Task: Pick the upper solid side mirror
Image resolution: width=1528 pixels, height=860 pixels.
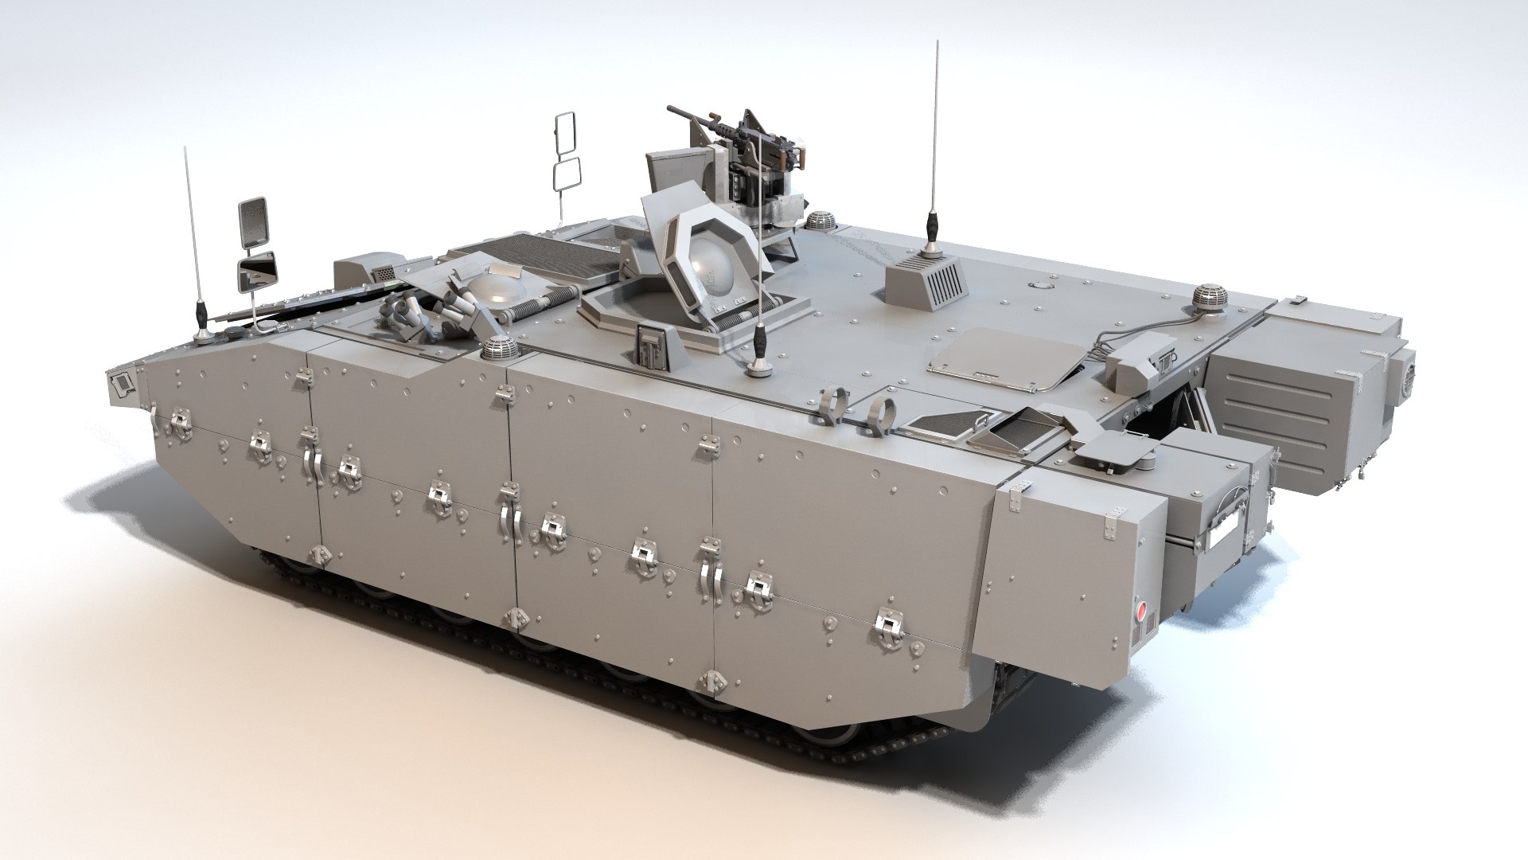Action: tap(254, 220)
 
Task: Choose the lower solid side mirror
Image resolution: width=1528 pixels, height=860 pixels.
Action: tap(258, 271)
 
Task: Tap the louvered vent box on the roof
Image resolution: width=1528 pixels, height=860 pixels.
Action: tap(928, 282)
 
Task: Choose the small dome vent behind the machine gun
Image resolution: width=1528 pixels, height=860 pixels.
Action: tap(819, 220)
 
